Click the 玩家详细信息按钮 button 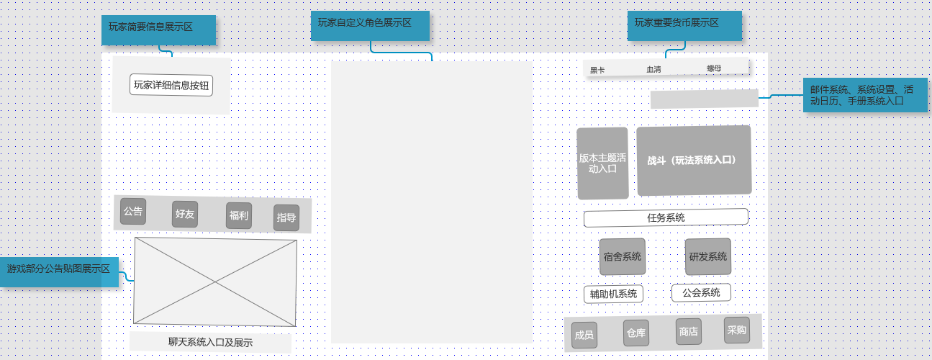tap(171, 85)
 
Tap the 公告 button tap(133, 212)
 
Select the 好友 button tap(185, 214)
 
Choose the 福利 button tap(239, 215)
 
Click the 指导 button tap(286, 217)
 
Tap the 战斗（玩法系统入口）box tap(694, 161)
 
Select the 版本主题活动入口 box tap(602, 163)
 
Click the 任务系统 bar tap(666, 217)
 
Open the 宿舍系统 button tap(623, 256)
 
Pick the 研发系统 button tap(708, 256)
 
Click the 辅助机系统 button tap(613, 294)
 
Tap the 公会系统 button tap(701, 292)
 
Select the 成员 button tap(584, 335)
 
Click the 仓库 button tap(636, 333)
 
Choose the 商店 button tap(688, 332)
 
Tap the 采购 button tap(737, 330)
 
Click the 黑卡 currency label tap(597, 70)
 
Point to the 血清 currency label tap(653, 69)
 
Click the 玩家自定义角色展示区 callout tap(370, 25)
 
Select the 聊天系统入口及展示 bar tap(210, 343)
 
